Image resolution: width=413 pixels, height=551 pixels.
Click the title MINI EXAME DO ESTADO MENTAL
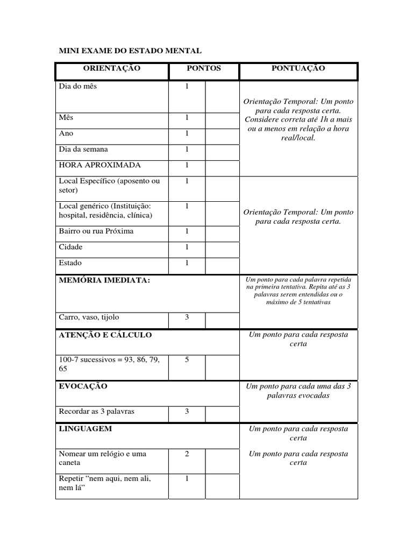click(130, 51)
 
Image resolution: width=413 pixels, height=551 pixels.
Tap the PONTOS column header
click(203, 68)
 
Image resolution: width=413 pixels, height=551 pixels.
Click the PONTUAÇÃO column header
click(298, 68)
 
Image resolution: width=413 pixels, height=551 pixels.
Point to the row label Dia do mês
click(78, 86)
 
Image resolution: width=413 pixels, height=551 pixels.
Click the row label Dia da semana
click(83, 149)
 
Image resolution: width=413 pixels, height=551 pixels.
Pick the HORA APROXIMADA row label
click(92, 165)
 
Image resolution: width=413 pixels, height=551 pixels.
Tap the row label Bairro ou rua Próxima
click(96, 231)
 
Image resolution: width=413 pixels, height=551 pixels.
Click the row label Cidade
click(70, 247)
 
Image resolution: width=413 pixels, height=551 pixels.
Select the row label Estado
click(70, 263)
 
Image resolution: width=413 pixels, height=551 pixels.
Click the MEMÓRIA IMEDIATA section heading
click(104, 280)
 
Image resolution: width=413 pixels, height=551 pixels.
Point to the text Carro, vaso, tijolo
click(89, 317)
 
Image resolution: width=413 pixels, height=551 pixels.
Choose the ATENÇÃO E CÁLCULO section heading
click(105, 335)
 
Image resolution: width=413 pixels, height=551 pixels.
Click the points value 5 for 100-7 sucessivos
click(187, 359)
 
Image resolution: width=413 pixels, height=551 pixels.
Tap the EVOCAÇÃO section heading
click(83, 386)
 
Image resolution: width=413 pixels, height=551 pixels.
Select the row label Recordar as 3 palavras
click(97, 412)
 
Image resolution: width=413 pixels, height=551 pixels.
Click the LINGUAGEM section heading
click(86, 429)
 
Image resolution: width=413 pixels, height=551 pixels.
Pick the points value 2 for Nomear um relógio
click(187, 454)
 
